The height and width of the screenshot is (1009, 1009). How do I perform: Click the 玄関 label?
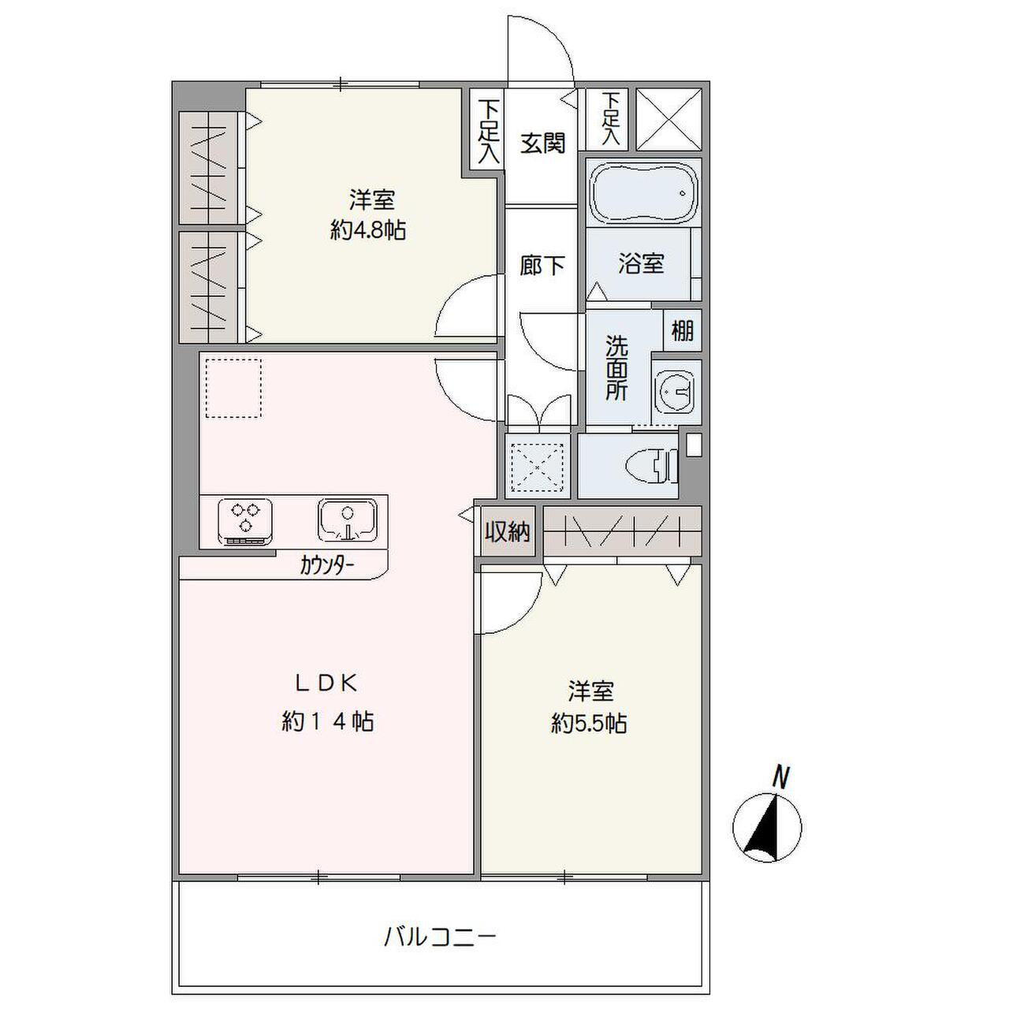click(542, 143)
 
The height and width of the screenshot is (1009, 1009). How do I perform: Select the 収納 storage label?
click(507, 533)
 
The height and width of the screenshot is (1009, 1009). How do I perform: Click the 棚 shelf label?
click(682, 330)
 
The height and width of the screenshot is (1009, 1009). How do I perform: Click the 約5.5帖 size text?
click(590, 724)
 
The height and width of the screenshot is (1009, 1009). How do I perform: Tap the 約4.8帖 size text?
click(368, 230)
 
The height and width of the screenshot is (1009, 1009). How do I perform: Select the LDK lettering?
click(327, 683)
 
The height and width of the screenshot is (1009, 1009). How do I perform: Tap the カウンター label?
click(326, 565)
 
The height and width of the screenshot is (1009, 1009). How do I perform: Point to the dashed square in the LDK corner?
click(233, 388)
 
